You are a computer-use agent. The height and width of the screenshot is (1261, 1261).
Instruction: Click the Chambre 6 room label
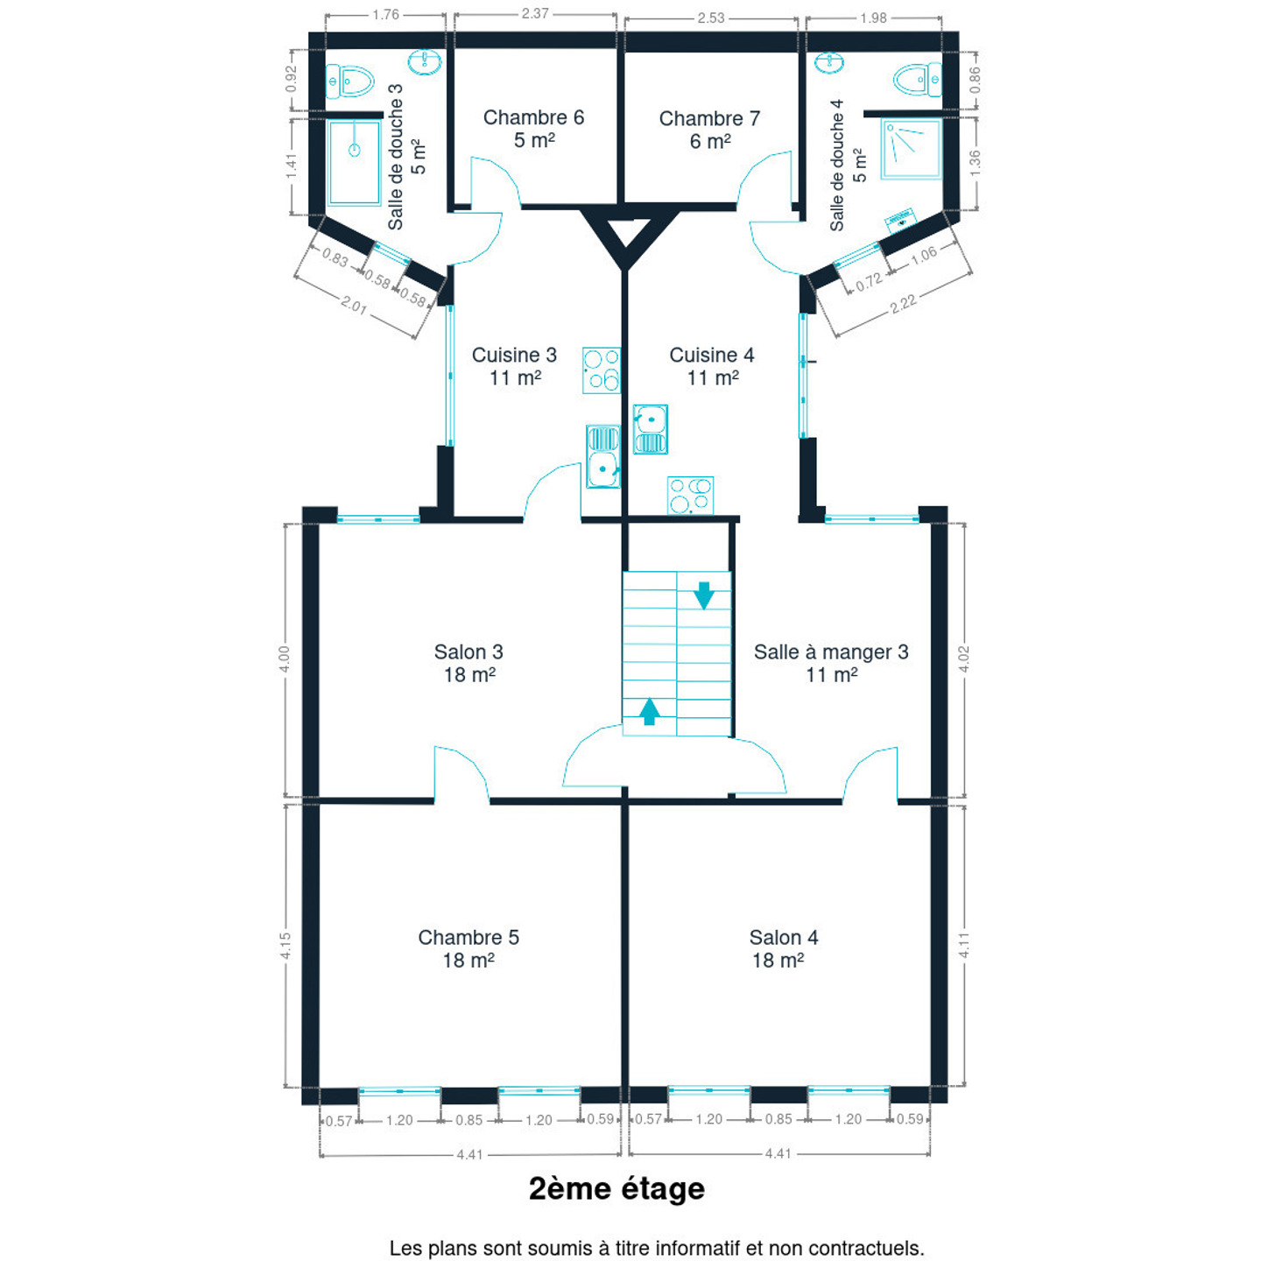[533, 129]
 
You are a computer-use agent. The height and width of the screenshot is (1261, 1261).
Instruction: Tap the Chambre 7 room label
[709, 130]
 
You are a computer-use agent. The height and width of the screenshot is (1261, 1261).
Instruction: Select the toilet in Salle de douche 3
[349, 81]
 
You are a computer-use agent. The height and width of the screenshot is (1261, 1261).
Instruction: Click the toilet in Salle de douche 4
[918, 80]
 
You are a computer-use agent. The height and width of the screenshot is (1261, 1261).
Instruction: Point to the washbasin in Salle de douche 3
[425, 61]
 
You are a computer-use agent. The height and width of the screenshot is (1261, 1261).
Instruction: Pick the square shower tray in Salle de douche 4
[911, 149]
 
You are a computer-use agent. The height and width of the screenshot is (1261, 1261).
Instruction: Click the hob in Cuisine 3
[602, 370]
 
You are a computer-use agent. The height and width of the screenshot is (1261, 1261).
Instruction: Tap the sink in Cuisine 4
[651, 429]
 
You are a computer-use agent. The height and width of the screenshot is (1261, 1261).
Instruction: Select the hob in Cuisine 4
[690, 496]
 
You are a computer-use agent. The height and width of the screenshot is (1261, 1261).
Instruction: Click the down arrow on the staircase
[703, 595]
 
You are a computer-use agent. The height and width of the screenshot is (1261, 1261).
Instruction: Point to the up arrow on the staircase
[649, 711]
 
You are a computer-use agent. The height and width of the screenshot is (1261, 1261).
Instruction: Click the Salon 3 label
[468, 662]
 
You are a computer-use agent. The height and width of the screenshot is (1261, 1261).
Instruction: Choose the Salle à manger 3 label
[831, 662]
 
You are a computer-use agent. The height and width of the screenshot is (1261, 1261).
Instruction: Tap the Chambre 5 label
[468, 948]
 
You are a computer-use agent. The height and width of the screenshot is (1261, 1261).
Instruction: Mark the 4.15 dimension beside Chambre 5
[285, 947]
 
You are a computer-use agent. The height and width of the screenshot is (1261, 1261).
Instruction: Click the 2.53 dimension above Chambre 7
[711, 18]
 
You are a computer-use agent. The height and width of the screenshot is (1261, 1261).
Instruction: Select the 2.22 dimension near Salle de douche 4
[903, 304]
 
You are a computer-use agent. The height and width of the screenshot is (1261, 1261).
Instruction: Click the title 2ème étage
[616, 1189]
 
